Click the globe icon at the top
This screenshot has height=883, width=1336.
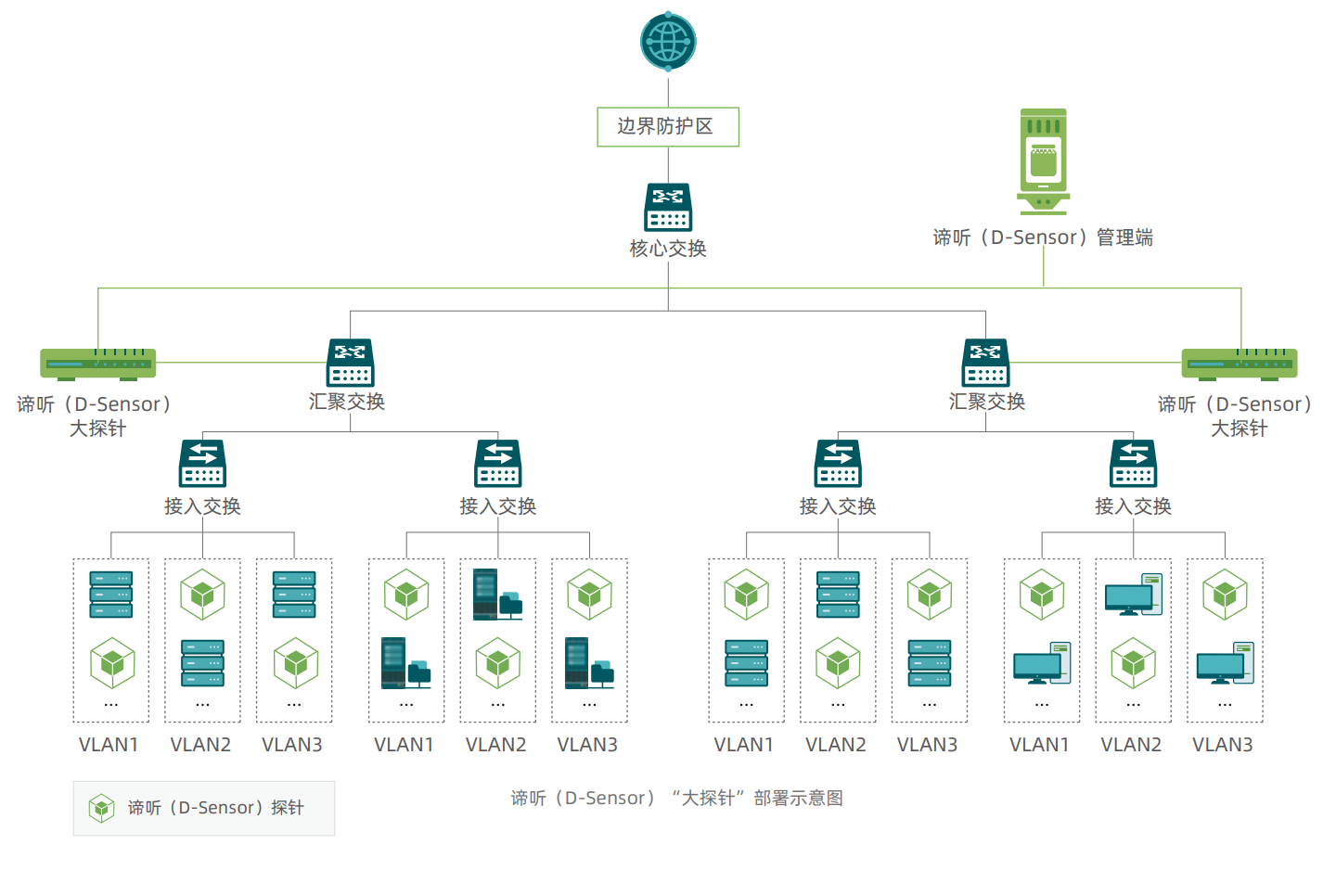[x=668, y=42]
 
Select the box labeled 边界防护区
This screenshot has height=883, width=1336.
[x=668, y=127]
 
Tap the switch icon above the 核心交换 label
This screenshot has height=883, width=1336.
[x=668, y=207]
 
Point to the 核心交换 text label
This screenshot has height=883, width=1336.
[x=668, y=249]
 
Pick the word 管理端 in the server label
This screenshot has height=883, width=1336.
[x=1124, y=237]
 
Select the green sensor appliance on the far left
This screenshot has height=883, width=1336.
[x=98, y=364]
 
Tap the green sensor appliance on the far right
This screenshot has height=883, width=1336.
[x=1240, y=364]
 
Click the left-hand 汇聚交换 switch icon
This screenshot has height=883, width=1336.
[x=350, y=363]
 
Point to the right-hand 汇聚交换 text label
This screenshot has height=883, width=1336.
[x=986, y=402]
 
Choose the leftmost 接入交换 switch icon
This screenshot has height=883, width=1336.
[x=203, y=464]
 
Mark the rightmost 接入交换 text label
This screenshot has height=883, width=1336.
[x=1133, y=506]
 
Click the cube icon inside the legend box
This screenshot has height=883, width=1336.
[x=101, y=808]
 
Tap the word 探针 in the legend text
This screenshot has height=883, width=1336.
[x=288, y=808]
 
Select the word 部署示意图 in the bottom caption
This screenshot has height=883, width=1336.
[x=798, y=799]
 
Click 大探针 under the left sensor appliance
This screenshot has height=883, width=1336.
[x=98, y=429]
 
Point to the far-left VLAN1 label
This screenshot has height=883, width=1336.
[x=109, y=745]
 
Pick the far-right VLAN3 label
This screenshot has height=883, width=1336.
[x=1223, y=745]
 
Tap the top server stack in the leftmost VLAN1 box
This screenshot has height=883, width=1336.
[x=111, y=595]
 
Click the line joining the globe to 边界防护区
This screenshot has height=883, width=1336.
[x=668, y=90]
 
